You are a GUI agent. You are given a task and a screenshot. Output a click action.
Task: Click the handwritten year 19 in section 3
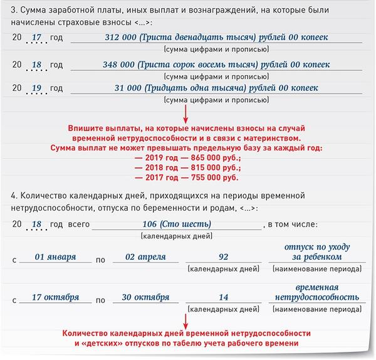coord(36,88)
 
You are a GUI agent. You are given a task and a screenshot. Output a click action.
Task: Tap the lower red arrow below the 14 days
coord(186,317)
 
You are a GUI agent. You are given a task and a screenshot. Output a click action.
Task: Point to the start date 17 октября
coord(56,297)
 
